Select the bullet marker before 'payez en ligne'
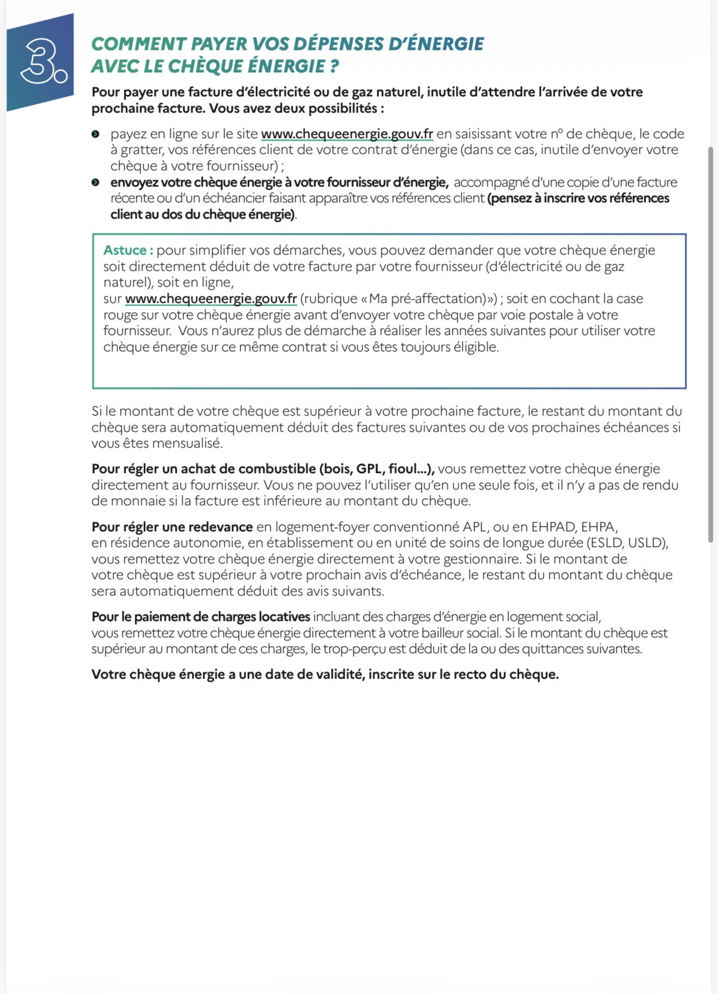pyautogui.click(x=96, y=134)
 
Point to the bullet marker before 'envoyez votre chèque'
pyautogui.click(x=96, y=183)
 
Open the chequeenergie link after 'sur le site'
pyautogui.click(x=347, y=134)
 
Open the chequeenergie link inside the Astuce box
pyautogui.click(x=211, y=299)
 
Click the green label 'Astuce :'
pyautogui.click(x=128, y=250)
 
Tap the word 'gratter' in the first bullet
pyautogui.click(x=141, y=150)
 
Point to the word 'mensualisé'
pyautogui.click(x=187, y=443)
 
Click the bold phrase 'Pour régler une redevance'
pyautogui.click(x=172, y=527)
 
